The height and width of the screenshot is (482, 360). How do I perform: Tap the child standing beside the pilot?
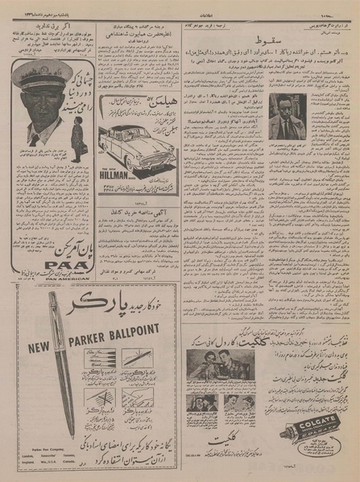click(x=74, y=133)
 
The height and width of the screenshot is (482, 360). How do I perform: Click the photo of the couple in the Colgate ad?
click(x=209, y=363)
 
